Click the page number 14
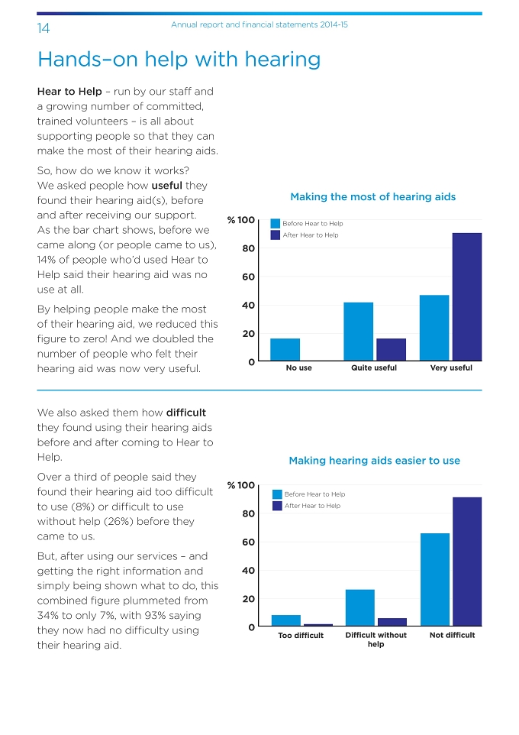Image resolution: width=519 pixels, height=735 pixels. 43,28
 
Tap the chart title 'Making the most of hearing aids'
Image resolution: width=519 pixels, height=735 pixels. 373,197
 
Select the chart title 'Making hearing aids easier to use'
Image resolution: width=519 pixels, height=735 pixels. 374,461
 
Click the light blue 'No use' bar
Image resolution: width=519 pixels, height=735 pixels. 285,350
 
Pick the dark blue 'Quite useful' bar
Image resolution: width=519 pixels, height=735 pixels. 391,350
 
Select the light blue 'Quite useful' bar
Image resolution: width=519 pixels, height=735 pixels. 358,332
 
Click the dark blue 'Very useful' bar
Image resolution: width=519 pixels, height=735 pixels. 467,296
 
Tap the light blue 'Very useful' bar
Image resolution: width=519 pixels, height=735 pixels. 434,328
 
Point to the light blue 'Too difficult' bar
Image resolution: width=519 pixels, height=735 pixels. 286,620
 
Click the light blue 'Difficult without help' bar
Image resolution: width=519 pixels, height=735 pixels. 360,608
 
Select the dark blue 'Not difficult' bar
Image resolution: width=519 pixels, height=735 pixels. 467,562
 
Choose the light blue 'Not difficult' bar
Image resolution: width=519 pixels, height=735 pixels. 435,580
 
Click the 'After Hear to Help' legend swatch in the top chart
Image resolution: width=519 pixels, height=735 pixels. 276,235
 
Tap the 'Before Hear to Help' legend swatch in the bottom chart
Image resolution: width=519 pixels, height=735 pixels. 277,494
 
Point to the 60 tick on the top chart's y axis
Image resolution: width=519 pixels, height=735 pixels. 248,277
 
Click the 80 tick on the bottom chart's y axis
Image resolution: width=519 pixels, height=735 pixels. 248,513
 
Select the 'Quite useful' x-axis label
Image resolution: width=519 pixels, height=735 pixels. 374,368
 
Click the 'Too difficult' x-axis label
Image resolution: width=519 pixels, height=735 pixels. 301,635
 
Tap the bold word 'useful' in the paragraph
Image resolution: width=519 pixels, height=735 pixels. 166,186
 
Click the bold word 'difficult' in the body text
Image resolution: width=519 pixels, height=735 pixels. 186,413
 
